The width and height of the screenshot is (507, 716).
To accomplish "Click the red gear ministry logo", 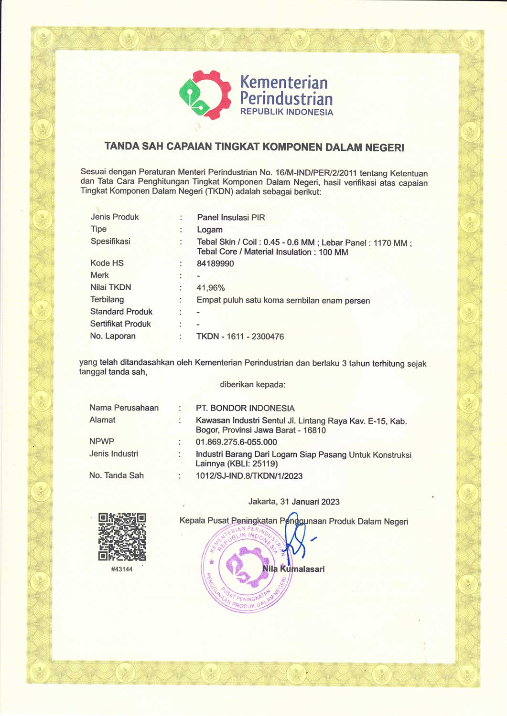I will [x=205, y=95].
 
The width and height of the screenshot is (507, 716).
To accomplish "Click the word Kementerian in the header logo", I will [x=284, y=82].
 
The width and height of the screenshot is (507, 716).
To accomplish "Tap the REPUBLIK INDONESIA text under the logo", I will [x=286, y=112].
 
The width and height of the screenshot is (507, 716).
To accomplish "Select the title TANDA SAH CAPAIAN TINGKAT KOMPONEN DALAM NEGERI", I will [x=254, y=147].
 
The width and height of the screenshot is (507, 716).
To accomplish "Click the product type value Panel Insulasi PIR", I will [x=231, y=217].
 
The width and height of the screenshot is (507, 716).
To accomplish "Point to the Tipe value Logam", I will [x=210, y=230].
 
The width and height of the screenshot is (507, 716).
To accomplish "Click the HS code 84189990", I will [x=215, y=263].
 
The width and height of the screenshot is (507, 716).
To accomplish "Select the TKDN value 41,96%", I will [x=210, y=288].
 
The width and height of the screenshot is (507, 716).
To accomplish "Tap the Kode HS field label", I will [x=107, y=263].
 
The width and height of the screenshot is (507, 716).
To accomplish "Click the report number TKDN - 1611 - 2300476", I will [x=240, y=337].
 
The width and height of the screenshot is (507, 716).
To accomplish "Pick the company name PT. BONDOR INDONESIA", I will [x=245, y=408].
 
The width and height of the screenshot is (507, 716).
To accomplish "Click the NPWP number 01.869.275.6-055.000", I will [x=236, y=442].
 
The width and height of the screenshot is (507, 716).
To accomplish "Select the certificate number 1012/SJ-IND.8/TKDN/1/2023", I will [x=249, y=476].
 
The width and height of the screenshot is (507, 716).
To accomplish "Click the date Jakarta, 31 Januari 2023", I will [x=294, y=502].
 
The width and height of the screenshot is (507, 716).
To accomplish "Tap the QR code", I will [x=122, y=537].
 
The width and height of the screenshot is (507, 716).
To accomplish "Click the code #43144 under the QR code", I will [x=122, y=569].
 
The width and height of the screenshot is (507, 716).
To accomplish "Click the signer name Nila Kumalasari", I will [x=293, y=569].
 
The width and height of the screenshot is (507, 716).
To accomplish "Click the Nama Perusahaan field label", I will [x=124, y=408].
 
